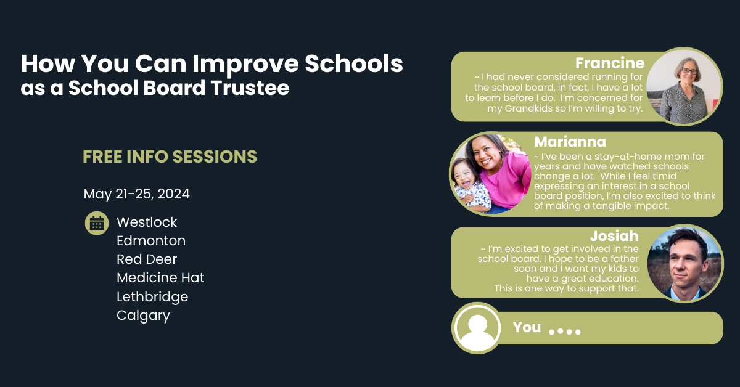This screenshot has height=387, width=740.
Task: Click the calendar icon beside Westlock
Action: pos(96,223)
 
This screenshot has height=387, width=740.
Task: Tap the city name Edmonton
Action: pos(151,241)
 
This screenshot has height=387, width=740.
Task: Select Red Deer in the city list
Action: pos(147,259)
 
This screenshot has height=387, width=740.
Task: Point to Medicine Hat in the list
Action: pos(160,278)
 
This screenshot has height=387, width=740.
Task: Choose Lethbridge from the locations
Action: pos(152,297)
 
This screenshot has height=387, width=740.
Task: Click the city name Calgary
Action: pos(143,316)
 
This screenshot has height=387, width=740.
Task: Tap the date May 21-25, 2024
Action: pos(137,194)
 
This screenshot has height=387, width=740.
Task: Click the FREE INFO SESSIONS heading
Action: pos(170,157)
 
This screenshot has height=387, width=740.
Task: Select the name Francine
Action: pos(609,63)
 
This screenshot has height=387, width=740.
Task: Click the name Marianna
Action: pos(570,142)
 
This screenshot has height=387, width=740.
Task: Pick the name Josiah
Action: pos(614,237)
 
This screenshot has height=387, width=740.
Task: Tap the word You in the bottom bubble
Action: pos(527,327)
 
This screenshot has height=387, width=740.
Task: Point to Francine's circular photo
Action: pos(684,86)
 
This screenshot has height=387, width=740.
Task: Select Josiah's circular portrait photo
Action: pos(685,263)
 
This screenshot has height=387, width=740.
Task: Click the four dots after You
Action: pos(564,332)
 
